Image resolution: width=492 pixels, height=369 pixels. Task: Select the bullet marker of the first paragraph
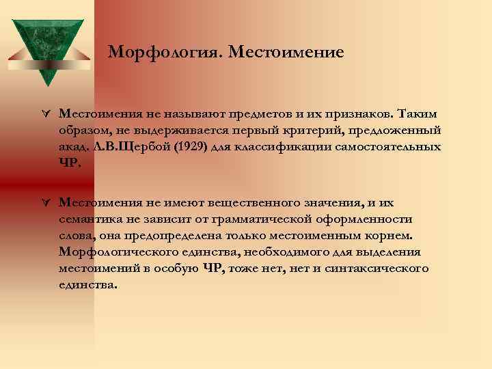point(45,113)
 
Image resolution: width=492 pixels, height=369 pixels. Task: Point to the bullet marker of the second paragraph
point(45,202)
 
